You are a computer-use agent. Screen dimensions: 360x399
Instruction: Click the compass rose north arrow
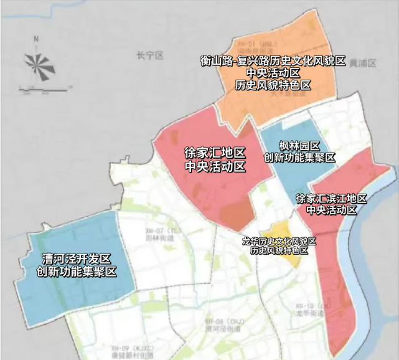(37, 62)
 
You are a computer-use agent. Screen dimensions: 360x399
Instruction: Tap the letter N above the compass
(37, 39)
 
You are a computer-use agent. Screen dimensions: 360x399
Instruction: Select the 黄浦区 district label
(363, 64)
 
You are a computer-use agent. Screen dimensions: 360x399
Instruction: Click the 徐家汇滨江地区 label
(331, 199)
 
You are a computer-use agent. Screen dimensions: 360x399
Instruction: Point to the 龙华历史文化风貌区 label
(279, 240)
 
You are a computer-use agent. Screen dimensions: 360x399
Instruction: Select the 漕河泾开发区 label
(76, 258)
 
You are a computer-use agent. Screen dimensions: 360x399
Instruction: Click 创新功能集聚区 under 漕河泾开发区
(76, 272)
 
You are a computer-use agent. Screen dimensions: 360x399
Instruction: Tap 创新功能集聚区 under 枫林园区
(300, 158)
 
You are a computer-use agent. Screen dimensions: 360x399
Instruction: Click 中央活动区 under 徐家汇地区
(215, 167)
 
